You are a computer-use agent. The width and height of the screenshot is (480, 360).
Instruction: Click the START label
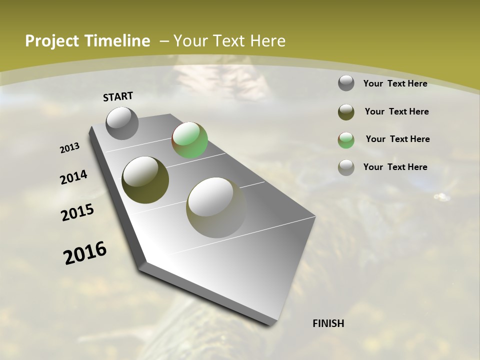[x=118, y=96]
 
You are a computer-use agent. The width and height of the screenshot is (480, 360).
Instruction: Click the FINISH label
[x=328, y=323]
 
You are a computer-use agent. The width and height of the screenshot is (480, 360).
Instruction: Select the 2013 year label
[x=69, y=148]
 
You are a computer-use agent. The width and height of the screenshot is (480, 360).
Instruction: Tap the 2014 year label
[x=73, y=177]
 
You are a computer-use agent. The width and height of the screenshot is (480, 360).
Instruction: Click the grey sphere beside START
[x=122, y=123]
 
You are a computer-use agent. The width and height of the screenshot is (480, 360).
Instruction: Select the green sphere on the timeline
[x=189, y=140]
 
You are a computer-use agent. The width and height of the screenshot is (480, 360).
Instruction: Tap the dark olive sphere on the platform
[x=145, y=180]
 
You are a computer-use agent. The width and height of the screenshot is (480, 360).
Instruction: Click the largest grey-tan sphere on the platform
[x=216, y=207]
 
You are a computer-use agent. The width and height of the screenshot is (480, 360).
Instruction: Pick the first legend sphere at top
[x=346, y=83]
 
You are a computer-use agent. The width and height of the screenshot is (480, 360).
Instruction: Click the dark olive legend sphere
[x=346, y=112]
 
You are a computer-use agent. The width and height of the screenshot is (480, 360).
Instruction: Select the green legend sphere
[x=346, y=140]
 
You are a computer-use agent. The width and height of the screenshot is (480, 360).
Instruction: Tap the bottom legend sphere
[x=346, y=167]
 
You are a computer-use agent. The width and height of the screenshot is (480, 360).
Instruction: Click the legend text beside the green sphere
[x=397, y=139]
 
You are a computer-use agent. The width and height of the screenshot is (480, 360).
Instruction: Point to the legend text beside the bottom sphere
[x=395, y=167]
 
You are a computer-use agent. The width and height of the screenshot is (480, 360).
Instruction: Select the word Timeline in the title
[x=118, y=41]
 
